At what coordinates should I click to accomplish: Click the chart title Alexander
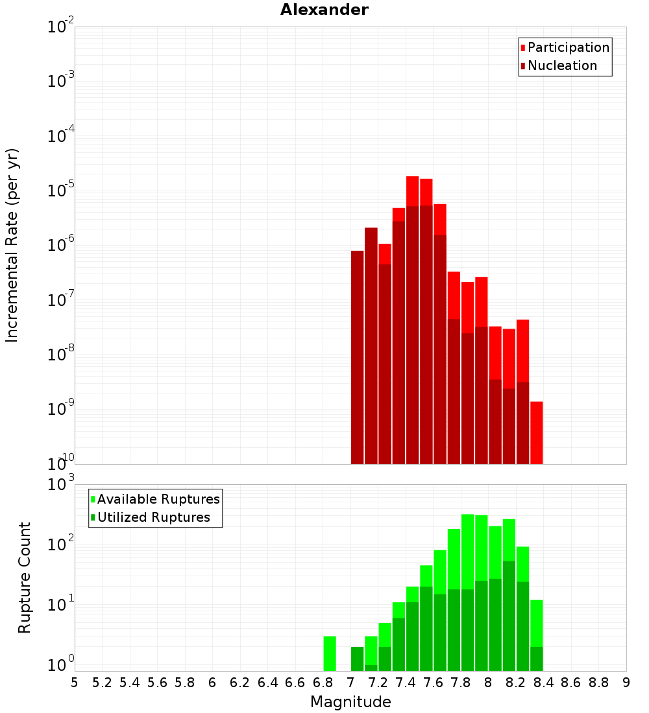(x=324, y=10)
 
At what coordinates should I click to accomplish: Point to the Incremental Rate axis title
(x=12, y=246)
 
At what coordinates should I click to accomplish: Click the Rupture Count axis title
(x=25, y=578)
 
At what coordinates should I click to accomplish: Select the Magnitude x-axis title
(x=350, y=702)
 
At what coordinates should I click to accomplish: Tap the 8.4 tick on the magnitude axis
(x=543, y=683)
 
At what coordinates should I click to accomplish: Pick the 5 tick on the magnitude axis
(x=75, y=683)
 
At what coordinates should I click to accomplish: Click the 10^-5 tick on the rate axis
(x=60, y=191)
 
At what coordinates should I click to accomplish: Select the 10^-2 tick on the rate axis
(x=60, y=27)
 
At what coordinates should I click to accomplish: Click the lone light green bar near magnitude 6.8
(x=330, y=653)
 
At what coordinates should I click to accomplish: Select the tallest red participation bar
(x=412, y=191)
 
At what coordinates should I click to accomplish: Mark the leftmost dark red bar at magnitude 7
(x=357, y=356)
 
